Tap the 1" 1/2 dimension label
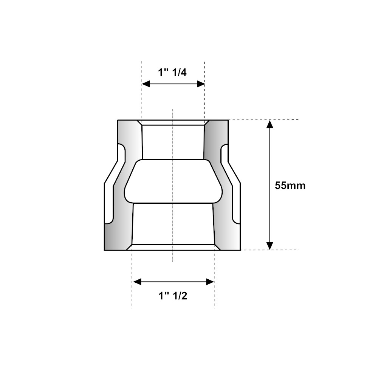[x=173, y=296]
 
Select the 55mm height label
[x=290, y=186]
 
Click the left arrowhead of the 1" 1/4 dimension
[x=146, y=84]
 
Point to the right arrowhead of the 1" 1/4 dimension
[x=201, y=84]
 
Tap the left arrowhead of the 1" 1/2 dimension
[x=137, y=282]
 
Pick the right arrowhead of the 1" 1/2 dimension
[x=210, y=282]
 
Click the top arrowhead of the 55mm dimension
[x=270, y=124]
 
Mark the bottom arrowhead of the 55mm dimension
[x=270, y=246]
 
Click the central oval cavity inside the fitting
[x=173, y=181]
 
